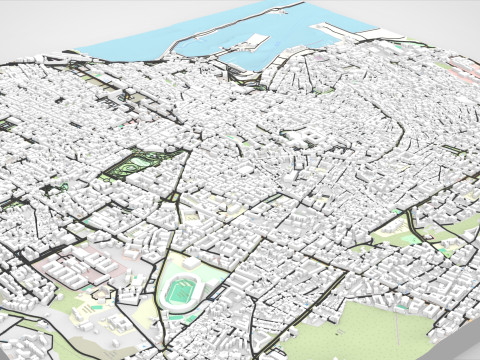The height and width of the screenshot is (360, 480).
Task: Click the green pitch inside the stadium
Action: coord(180,291)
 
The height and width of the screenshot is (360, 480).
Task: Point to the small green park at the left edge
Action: coord(8,125)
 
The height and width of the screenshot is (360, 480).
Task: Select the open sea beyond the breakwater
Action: coord(150,40)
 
